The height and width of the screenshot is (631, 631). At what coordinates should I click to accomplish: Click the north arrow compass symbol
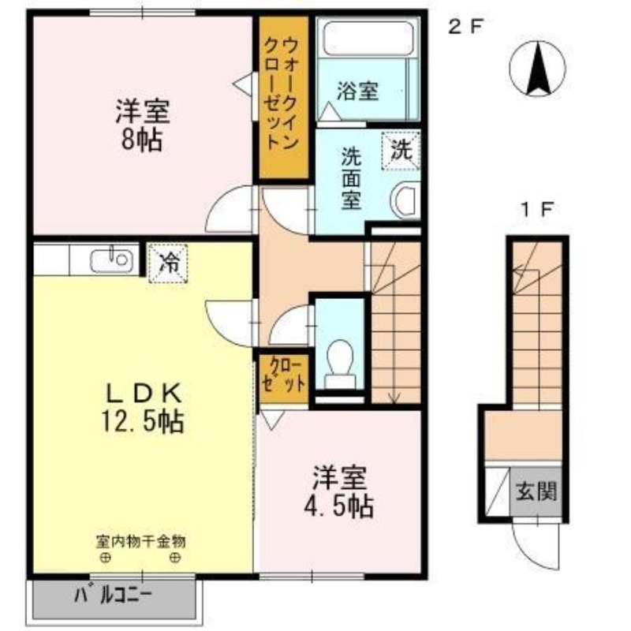pos(537,68)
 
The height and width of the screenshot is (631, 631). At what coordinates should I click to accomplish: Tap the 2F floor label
pos(465,28)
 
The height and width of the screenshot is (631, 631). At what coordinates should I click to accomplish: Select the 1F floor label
pos(538,210)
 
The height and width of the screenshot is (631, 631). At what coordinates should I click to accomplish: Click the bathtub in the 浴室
pos(368,39)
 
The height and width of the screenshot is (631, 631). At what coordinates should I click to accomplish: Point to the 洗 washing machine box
pos(401,151)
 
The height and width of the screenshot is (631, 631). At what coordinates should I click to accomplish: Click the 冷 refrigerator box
pos(168,263)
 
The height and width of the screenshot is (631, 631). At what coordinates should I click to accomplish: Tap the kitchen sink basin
pos(111,260)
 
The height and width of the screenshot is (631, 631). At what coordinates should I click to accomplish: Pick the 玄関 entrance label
pos(536,491)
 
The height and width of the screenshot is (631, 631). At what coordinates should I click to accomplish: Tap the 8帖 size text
pos(142,140)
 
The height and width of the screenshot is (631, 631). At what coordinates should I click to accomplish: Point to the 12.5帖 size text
pos(142,421)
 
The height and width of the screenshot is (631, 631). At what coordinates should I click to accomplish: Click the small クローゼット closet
pos(284,379)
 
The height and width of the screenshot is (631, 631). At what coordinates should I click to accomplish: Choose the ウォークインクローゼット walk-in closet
pos(283,97)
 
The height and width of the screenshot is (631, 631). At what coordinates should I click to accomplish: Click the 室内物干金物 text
pos(141,541)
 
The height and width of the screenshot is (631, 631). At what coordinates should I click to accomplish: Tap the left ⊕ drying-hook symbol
pos(106,558)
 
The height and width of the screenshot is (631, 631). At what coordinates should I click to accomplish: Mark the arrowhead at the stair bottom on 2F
pos(394,398)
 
